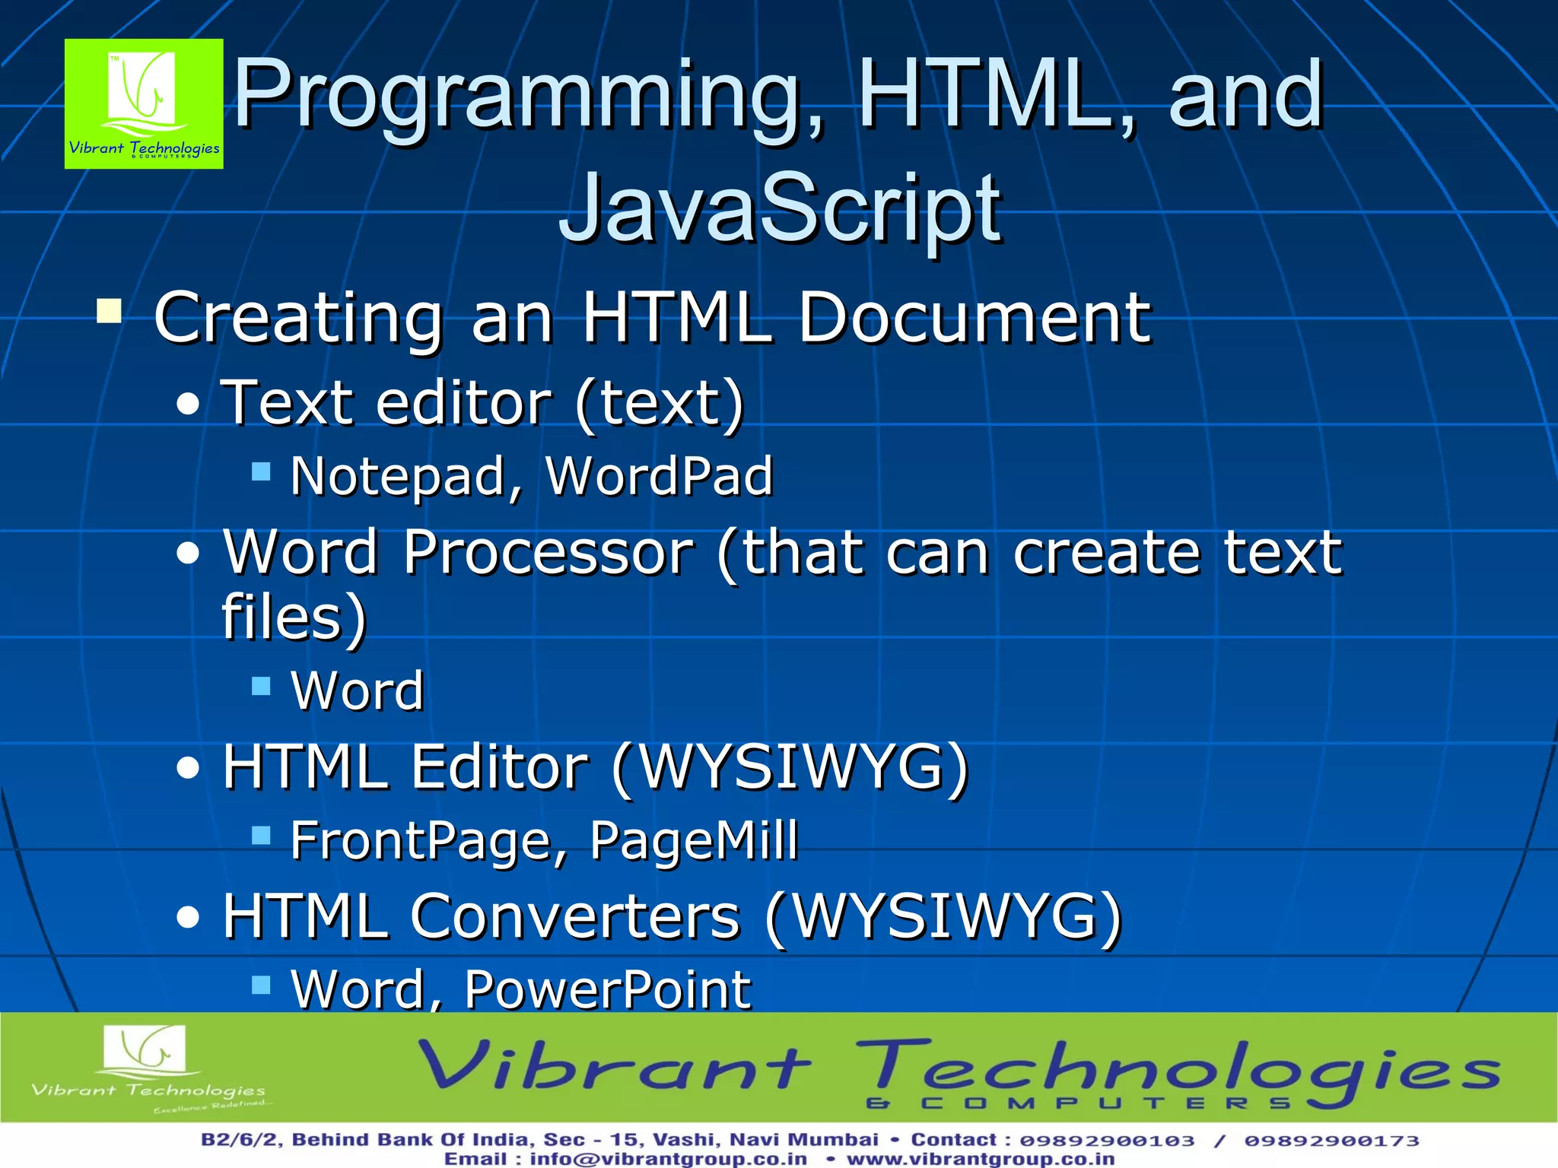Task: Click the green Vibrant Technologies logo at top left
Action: pos(144,103)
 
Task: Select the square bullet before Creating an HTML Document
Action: pos(110,311)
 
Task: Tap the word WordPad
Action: pos(659,477)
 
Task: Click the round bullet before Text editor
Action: pos(188,405)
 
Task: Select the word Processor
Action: pos(548,552)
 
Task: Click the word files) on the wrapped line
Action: pos(294,617)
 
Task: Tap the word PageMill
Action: pos(694,841)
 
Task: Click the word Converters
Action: pos(575,916)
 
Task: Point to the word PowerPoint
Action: pos(608,989)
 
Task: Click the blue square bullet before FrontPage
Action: pos(261,836)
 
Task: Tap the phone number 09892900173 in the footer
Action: pos(1331,1141)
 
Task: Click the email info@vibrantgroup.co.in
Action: pos(668,1159)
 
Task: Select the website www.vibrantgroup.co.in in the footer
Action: pos(981,1159)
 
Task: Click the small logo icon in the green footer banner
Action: pos(145,1049)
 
